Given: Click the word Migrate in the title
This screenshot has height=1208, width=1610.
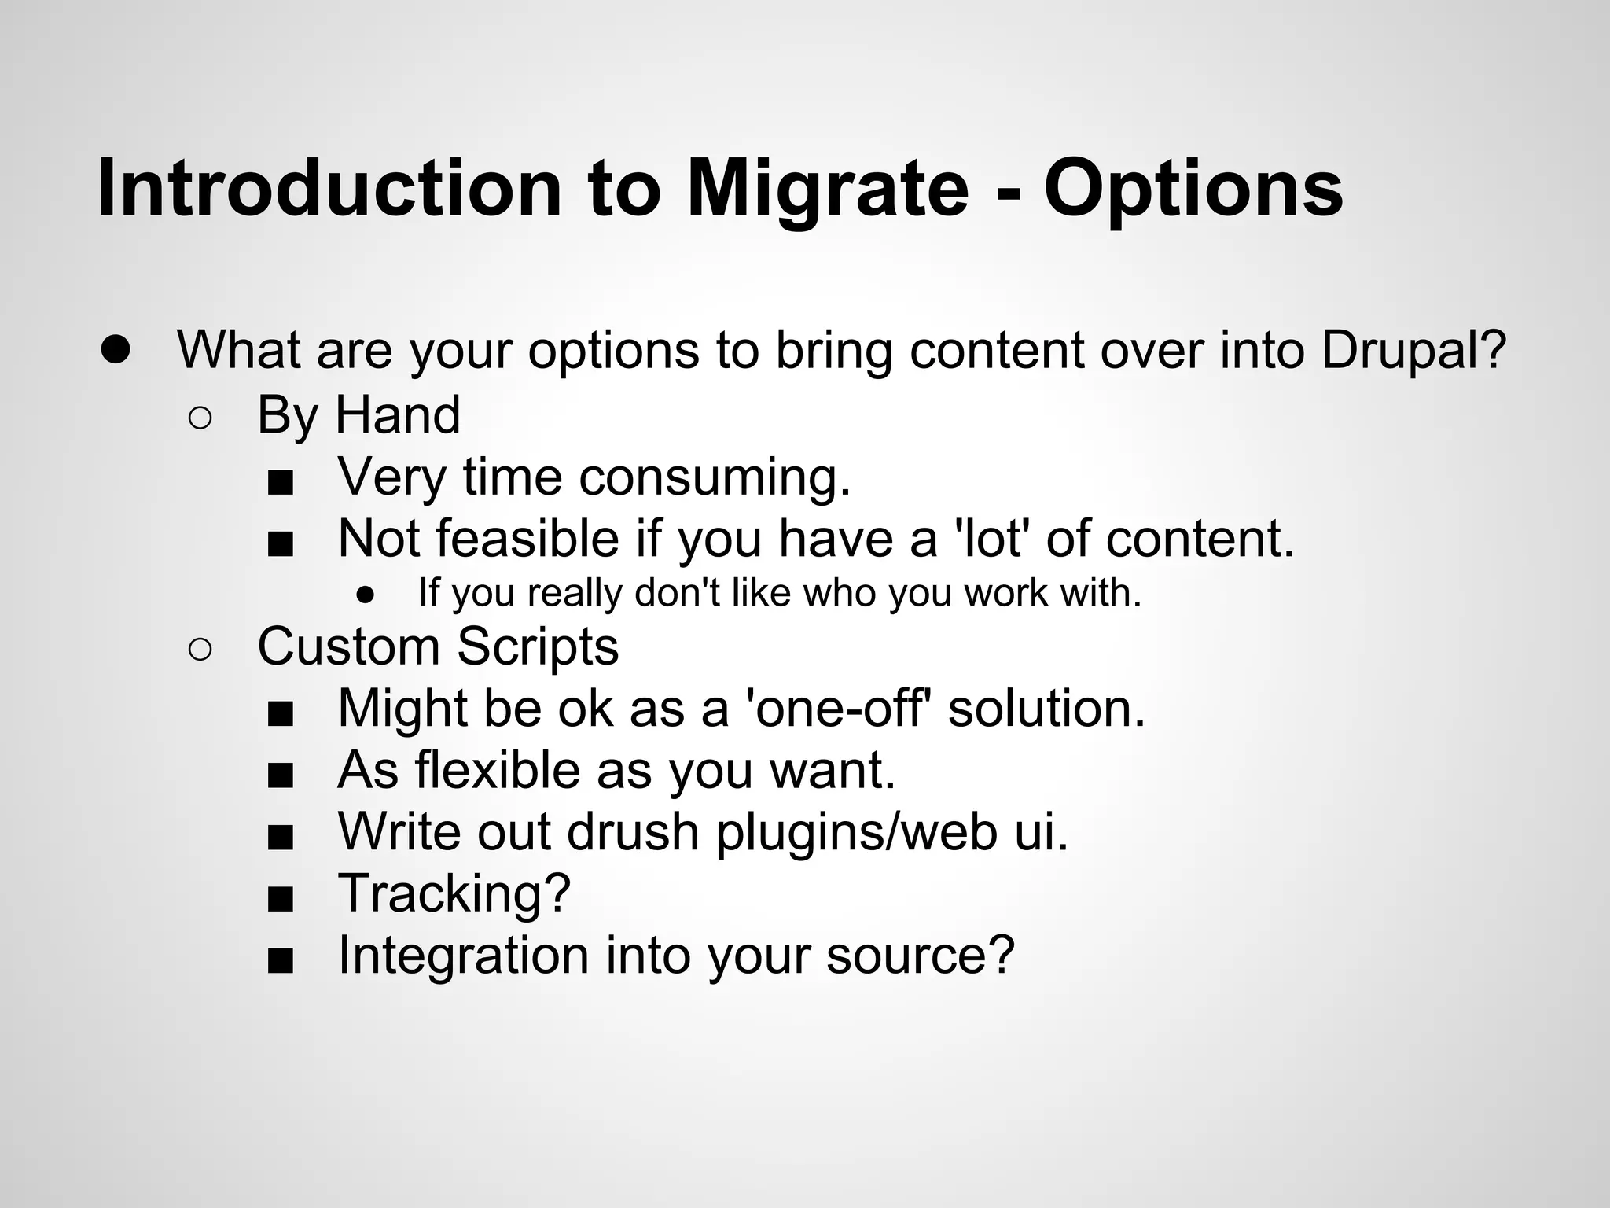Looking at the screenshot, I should point(827,189).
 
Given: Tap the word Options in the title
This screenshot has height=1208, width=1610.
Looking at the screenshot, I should point(1193,189).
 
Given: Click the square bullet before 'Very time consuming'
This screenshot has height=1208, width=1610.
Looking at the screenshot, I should point(280,483).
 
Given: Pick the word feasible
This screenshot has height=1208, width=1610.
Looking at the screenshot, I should point(527,539).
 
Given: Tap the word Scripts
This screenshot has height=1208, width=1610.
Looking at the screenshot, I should point(538,646).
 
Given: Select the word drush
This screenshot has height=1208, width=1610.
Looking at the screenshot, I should point(633,831).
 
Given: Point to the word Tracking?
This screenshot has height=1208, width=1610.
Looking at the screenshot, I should point(454,893).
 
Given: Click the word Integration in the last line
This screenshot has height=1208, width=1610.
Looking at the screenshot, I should point(463,955).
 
